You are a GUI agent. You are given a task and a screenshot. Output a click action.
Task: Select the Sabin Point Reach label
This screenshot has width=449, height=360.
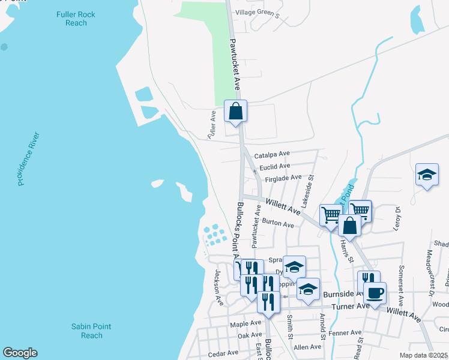tap(91, 331)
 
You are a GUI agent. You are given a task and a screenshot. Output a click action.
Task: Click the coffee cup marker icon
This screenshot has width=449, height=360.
tap(375, 293)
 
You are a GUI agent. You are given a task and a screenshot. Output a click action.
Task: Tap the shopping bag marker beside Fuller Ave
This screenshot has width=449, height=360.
tap(235, 111)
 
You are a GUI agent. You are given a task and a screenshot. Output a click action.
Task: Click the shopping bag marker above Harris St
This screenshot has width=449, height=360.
tap(349, 226)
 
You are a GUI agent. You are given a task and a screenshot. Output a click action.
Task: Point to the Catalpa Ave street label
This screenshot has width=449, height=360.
tap(272, 154)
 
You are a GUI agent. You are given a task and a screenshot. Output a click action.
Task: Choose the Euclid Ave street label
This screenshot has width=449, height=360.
tap(274, 166)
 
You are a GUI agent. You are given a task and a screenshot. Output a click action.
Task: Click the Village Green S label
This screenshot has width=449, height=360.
tap(258, 12)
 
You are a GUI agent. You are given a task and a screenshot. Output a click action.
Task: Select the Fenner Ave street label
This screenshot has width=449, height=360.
tap(345, 332)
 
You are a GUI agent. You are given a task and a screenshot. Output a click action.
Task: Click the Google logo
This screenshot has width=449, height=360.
tap(20, 353)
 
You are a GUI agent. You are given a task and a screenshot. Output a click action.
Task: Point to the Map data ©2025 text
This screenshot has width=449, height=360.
tap(424, 355)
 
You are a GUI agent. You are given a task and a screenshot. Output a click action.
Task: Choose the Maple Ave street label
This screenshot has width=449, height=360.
tap(246, 324)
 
